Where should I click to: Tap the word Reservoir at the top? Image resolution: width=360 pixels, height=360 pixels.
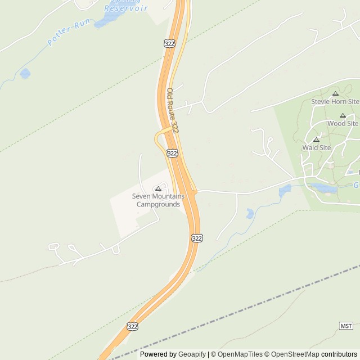point(126,8)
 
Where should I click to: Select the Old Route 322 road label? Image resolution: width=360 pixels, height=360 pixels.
point(173,110)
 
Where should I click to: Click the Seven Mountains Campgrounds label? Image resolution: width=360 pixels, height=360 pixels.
point(158,200)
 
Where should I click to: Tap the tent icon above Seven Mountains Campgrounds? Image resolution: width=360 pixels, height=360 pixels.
point(158,188)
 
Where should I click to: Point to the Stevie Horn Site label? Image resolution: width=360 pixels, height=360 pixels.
point(335,102)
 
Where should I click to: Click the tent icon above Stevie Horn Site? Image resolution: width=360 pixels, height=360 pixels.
point(335,93)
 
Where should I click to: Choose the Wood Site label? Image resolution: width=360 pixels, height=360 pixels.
point(343,123)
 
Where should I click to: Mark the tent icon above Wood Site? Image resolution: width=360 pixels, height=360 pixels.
point(343,115)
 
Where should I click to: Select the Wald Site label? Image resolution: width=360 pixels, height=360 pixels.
point(317,147)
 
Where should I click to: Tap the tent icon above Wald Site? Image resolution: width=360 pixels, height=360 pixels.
point(316,139)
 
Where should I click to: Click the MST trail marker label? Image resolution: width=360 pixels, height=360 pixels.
point(346,326)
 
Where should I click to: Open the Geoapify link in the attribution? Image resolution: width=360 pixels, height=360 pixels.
point(192,354)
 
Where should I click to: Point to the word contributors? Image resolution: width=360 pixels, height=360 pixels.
point(339,354)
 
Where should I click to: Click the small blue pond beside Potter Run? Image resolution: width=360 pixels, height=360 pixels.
point(25,73)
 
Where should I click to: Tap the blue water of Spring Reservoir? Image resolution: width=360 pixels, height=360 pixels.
point(104,21)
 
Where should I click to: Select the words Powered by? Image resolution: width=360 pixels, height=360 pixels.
point(158,354)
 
